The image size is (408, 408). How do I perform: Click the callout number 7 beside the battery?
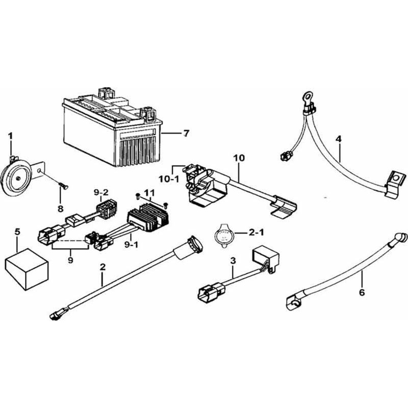coord(186,134)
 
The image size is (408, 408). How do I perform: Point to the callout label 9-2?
coord(100,192)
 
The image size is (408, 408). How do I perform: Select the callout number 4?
coord(339,138)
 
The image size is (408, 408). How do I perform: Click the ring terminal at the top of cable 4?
coord(307,96)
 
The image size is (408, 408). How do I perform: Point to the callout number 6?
coord(362,292)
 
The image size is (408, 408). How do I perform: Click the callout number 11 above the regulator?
coord(149,192)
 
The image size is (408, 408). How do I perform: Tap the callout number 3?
coord(233,261)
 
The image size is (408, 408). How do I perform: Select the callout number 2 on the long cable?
coord(103,266)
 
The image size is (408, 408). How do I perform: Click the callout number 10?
coord(239,158)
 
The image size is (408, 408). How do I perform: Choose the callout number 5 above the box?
coord(17,232)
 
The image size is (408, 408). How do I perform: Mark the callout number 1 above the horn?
coord(10,135)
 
